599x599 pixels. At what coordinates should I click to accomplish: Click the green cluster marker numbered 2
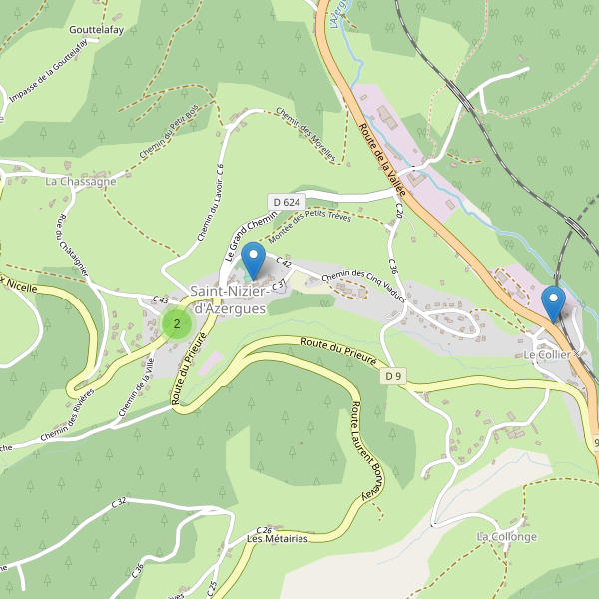point(177,323)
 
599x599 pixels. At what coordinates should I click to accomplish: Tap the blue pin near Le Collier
point(552,302)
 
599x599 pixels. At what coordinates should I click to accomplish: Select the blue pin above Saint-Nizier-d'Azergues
point(254,260)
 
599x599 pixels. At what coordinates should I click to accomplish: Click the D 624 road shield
point(285,202)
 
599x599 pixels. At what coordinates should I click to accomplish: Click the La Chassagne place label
point(80,182)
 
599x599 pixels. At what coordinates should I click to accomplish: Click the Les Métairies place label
point(277,538)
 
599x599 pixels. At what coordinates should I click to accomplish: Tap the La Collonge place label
point(506,536)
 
